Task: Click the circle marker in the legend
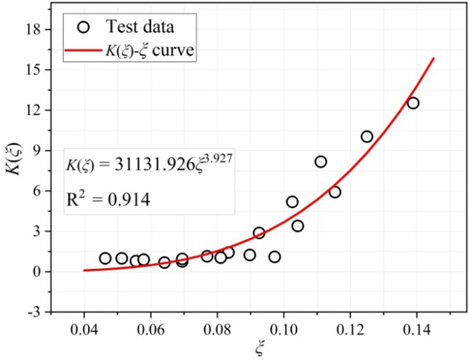[82, 27]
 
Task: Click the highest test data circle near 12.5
[413, 103]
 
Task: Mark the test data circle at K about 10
[366, 136]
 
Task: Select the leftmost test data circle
[105, 258]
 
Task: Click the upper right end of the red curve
[434, 58]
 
